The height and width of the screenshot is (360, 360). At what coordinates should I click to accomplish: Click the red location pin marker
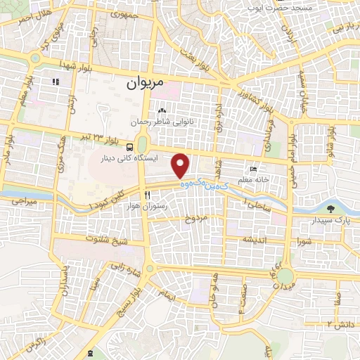181,166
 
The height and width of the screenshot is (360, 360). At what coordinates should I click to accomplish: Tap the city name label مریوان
145,83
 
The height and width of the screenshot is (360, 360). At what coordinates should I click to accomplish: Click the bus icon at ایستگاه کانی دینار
130,147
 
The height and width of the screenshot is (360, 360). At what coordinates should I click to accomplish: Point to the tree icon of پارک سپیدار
330,209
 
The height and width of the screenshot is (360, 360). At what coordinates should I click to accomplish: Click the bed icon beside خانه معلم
253,169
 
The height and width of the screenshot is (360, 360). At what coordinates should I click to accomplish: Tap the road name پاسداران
63,281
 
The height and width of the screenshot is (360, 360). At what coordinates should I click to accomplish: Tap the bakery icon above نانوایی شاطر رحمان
162,110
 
